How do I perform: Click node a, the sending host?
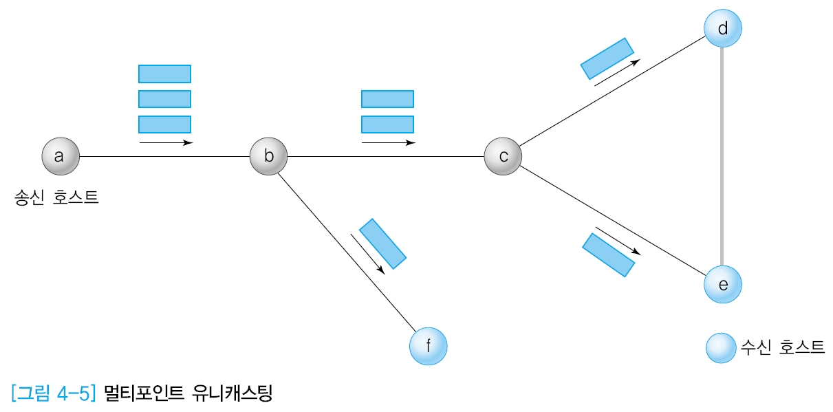[60, 156]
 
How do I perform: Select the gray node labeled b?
[269, 156]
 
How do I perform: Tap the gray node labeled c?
[503, 156]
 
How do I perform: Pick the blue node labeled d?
[723, 29]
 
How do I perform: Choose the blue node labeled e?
[723, 284]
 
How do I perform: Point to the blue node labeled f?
[428, 346]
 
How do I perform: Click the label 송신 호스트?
[56, 199]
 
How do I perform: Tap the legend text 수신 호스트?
[782, 347]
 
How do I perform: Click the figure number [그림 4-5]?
[52, 393]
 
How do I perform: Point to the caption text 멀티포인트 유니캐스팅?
[188, 393]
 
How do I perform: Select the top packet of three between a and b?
[164, 74]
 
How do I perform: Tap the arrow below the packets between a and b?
[166, 142]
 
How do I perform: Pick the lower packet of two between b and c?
[387, 124]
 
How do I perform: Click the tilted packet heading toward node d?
[607, 58]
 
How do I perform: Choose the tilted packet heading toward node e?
[609, 254]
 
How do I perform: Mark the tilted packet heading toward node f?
[383, 243]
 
